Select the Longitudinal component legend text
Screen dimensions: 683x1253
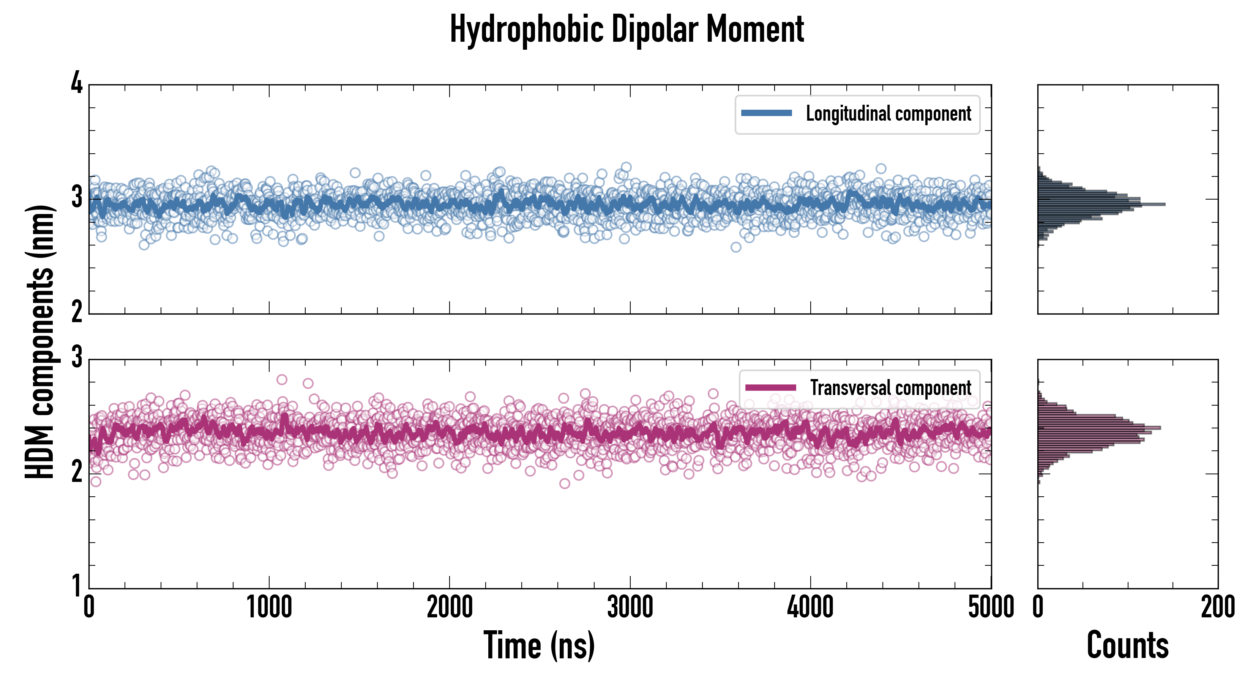[x=888, y=114]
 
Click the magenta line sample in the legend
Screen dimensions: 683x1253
[x=770, y=387]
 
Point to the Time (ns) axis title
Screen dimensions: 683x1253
[x=539, y=645]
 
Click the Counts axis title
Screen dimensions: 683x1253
[x=1127, y=645]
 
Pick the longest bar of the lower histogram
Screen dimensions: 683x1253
[x=1099, y=428]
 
